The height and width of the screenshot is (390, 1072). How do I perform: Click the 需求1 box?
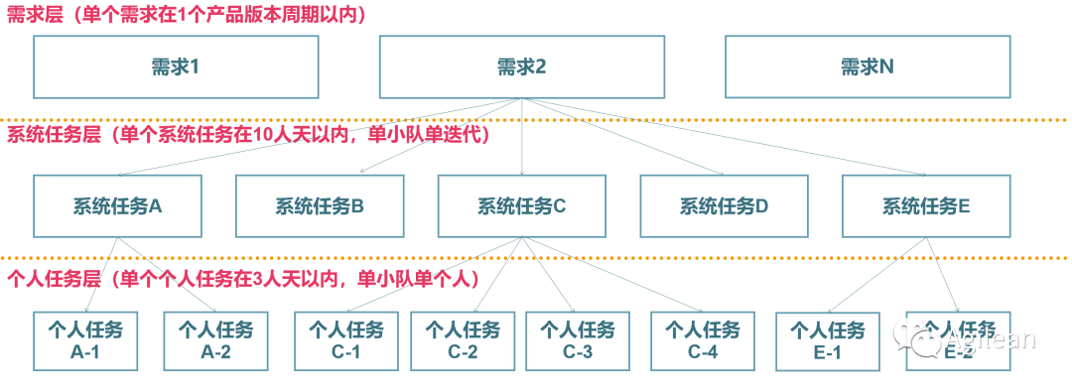[x=176, y=66]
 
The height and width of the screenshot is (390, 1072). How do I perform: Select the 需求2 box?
[x=522, y=66]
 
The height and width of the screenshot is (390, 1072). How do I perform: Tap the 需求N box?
[x=868, y=66]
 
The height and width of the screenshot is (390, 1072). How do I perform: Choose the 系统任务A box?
[x=117, y=206]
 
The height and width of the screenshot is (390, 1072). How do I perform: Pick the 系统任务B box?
[x=320, y=206]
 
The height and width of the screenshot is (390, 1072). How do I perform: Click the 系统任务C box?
[x=522, y=206]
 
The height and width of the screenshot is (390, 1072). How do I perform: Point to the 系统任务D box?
[x=724, y=206]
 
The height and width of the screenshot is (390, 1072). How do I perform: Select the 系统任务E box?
[x=926, y=206]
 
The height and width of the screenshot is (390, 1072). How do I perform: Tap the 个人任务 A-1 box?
[x=85, y=341]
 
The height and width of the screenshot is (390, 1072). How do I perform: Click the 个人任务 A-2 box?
[x=215, y=341]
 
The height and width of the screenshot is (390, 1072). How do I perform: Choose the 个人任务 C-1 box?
[x=346, y=341]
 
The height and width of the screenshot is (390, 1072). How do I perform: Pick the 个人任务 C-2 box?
[x=463, y=341]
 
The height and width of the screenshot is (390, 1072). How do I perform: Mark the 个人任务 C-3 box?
[x=578, y=341]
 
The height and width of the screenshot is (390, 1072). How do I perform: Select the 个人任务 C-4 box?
[x=703, y=341]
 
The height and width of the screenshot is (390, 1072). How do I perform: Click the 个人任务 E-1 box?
[x=828, y=341]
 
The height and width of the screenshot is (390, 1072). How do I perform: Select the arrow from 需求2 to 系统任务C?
[x=522, y=137]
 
